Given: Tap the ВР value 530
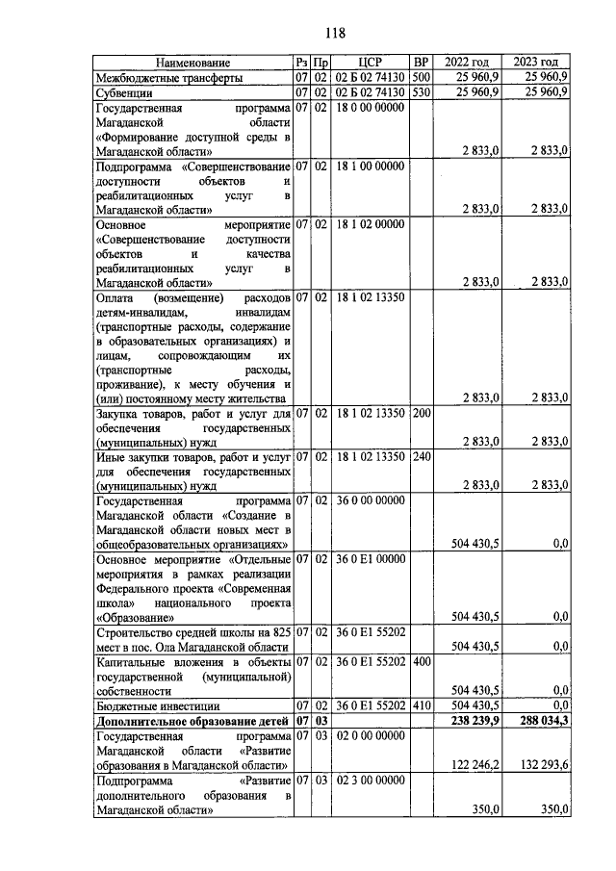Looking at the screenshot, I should pyautogui.click(x=420, y=92).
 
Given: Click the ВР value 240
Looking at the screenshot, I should pyautogui.click(x=420, y=457).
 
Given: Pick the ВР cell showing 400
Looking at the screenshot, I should pyautogui.click(x=420, y=662).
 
